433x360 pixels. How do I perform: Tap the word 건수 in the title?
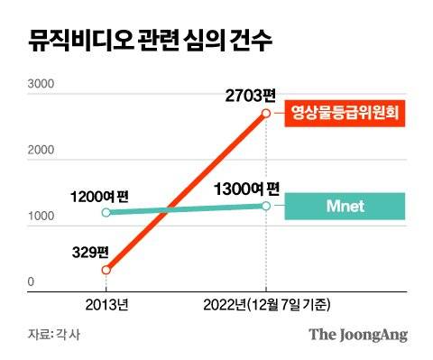pyautogui.click(x=249, y=42)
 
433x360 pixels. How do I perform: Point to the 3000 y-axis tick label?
pyautogui.click(x=41, y=86)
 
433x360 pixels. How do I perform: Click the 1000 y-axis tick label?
pyautogui.click(x=41, y=219)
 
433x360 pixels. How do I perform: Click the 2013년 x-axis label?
pyautogui.click(x=106, y=303)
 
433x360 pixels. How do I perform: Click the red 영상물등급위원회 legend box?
pyautogui.click(x=344, y=114)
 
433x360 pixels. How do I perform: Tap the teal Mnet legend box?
pyautogui.click(x=344, y=206)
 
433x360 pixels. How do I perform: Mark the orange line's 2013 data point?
pyautogui.click(x=106, y=270)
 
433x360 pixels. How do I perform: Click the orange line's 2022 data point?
pyautogui.click(x=266, y=113)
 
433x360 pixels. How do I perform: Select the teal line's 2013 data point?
pyautogui.click(x=106, y=213)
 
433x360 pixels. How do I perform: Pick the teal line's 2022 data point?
pyautogui.click(x=266, y=206)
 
